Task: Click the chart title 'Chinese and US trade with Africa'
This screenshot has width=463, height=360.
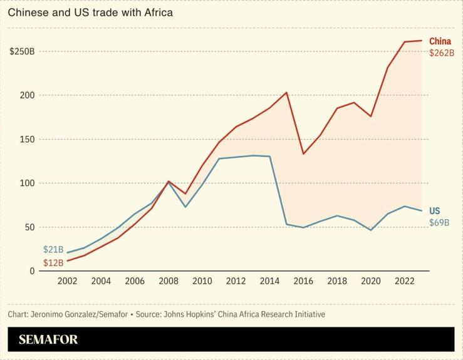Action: [90, 12]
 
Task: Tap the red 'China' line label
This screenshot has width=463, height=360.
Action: [440, 41]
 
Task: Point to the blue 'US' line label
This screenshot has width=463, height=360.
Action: [434, 211]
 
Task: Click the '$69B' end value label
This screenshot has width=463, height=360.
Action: [439, 223]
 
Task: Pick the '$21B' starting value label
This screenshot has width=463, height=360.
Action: [53, 250]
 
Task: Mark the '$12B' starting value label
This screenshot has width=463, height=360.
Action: [53, 262]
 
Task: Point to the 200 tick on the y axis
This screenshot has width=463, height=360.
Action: [26, 95]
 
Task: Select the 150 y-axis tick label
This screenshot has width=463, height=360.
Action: [26, 139]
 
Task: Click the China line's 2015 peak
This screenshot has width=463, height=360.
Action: [286, 93]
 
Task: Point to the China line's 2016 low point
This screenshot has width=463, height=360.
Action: [303, 154]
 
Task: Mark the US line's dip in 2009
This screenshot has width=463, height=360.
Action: [185, 207]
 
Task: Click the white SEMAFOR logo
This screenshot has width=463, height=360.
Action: [48, 340]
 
